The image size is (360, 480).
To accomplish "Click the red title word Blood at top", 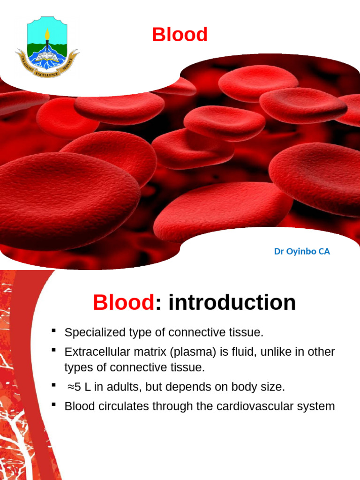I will (x=180, y=35).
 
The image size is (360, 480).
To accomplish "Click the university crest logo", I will (x=47, y=47).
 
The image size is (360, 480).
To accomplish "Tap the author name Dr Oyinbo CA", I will (x=302, y=252).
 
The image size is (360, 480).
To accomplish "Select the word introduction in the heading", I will (x=232, y=303).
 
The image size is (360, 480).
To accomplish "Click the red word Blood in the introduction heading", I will (x=123, y=303).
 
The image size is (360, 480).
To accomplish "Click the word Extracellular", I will (x=94, y=352).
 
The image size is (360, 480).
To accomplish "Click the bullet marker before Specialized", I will (x=54, y=331).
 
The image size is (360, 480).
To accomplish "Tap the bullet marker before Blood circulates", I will (x=54, y=405).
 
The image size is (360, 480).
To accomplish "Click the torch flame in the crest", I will (x=47, y=33).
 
